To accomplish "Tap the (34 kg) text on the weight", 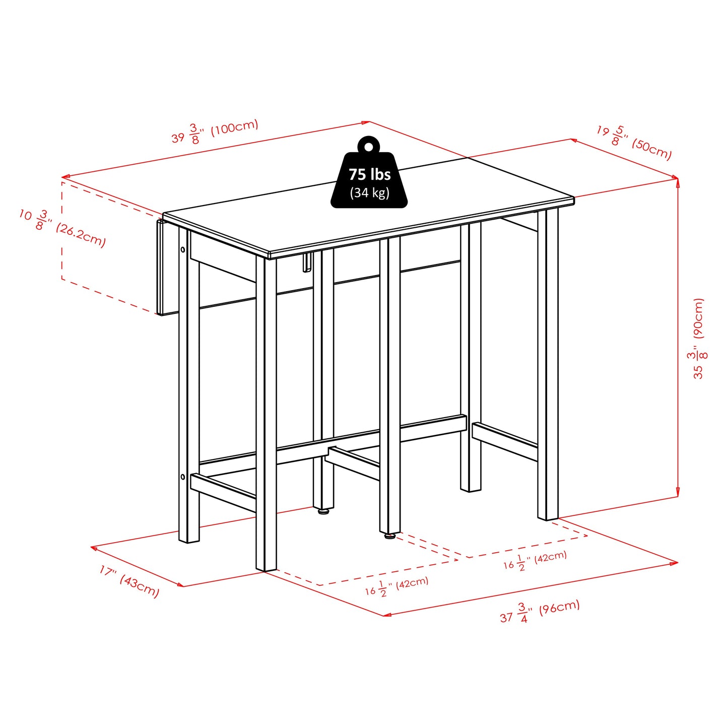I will coord(370,192).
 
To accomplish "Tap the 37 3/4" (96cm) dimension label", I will coord(540,611).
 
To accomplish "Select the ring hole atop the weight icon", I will coord(369,147).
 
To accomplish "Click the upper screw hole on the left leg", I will coord(182,249).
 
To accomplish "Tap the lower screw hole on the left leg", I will coord(182,476).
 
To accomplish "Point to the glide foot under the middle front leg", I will coord(390,536).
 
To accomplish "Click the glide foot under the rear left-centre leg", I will coord(323,511).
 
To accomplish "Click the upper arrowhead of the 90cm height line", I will coord(678,182).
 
